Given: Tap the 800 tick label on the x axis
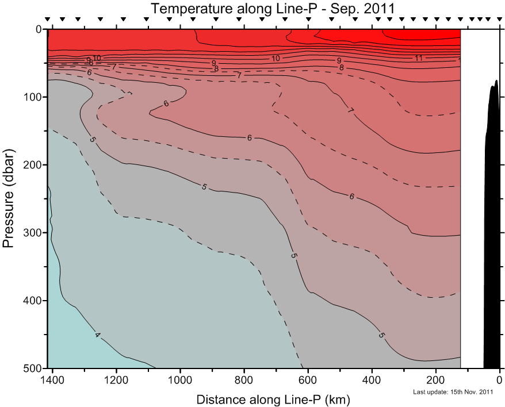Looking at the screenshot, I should (x=244, y=380).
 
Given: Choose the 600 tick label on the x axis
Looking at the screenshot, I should (x=308, y=380).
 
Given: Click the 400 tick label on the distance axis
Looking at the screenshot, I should (x=372, y=380).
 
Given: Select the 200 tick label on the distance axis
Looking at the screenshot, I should (x=436, y=380).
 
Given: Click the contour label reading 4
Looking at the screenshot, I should (x=97, y=335).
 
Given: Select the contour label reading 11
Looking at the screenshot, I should (x=418, y=58).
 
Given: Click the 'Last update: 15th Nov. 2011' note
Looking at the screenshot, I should (x=453, y=393).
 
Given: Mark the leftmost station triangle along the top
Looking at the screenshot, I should (x=48, y=20).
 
